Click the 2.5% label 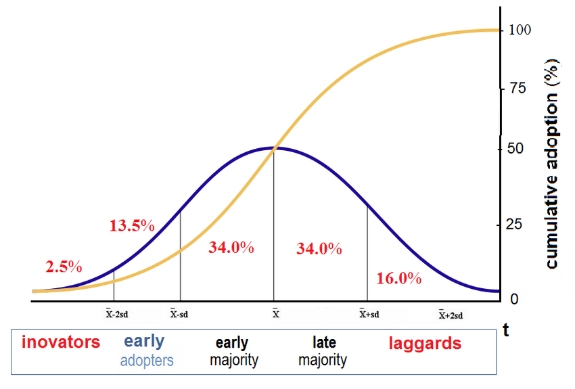pyautogui.click(x=64, y=267)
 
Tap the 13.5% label pyautogui.click(x=132, y=226)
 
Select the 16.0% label pyautogui.click(x=398, y=279)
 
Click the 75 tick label pyautogui.click(x=518, y=89)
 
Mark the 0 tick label pyautogui.click(x=515, y=299)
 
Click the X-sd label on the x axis pyautogui.click(x=179, y=314)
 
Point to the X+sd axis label pyautogui.click(x=369, y=314)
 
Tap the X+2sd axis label pyautogui.click(x=451, y=315)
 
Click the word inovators pyautogui.click(x=61, y=342)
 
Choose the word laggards pyautogui.click(x=425, y=343)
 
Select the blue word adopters pyautogui.click(x=147, y=361)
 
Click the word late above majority pyautogui.click(x=324, y=342)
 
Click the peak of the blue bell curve pyautogui.click(x=273, y=147)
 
